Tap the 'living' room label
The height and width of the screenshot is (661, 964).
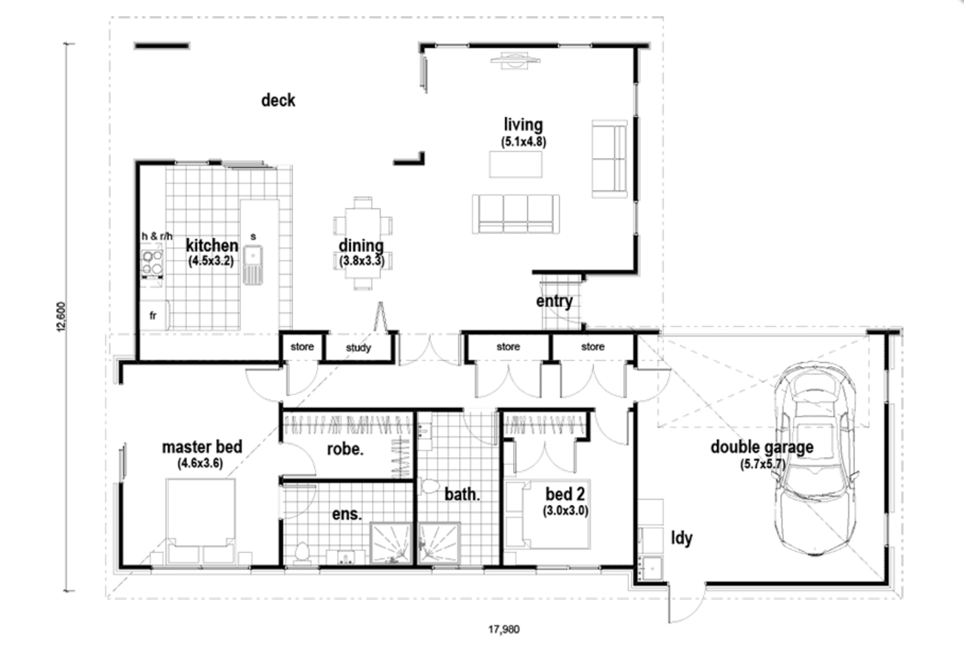[x=523, y=124]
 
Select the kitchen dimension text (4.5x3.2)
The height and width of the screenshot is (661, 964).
[x=211, y=260]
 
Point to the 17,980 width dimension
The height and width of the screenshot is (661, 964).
[x=504, y=630]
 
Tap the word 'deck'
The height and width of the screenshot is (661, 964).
[x=278, y=101]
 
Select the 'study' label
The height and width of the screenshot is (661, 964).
[x=359, y=348]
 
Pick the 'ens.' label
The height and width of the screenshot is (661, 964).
[x=346, y=514]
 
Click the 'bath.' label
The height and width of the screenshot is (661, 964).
[x=462, y=494]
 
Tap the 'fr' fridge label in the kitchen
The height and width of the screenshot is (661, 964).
[x=153, y=315]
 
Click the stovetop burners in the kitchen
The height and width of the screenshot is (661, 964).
[x=153, y=263]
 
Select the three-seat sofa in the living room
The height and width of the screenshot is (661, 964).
[x=515, y=214]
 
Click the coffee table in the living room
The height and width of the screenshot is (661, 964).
[x=515, y=164]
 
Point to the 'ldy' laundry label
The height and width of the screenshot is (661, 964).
[x=681, y=538]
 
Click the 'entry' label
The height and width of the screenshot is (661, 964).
[x=554, y=301]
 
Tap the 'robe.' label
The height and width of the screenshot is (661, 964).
[x=345, y=448]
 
